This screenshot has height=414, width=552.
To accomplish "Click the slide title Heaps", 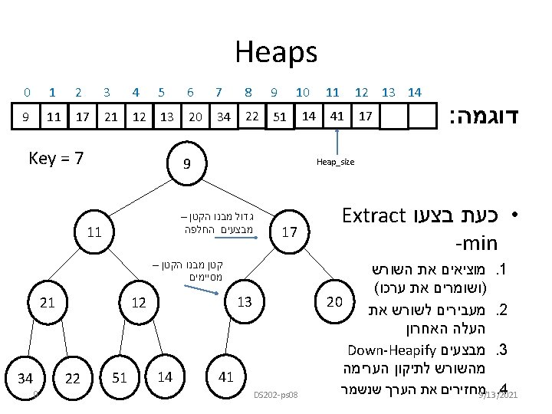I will point(275,52).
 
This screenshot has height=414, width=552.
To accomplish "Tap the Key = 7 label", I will point(55,159).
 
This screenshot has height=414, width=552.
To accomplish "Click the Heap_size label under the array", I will point(335,162).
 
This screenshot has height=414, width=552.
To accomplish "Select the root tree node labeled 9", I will point(187,163).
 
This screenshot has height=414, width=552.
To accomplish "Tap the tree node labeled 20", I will point(333,301).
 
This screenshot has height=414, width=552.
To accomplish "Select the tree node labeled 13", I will point(245,301).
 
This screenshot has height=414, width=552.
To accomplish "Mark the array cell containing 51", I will point(281,117).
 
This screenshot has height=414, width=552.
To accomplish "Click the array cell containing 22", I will point(251,116).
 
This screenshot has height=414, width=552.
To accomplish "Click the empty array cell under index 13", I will point(394,117).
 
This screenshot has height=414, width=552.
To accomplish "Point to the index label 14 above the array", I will point(415,92).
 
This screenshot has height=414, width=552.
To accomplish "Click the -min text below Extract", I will point(476,244).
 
